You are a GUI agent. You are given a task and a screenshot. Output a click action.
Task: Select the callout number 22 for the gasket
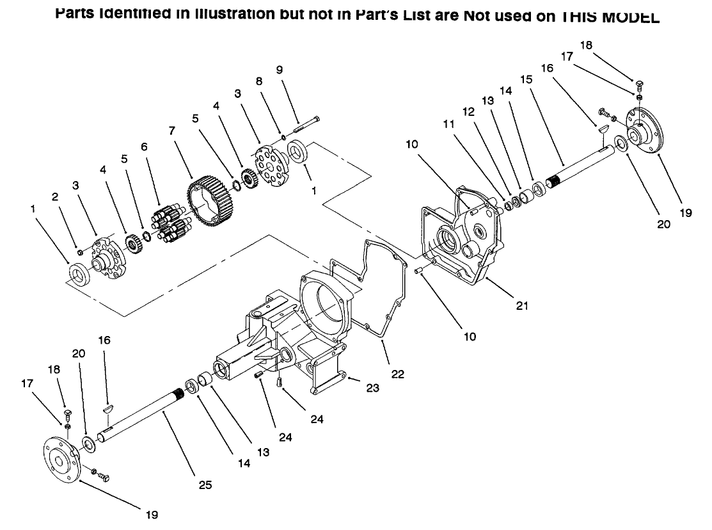(x=398, y=374)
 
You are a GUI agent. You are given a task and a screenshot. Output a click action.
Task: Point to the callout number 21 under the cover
(x=523, y=305)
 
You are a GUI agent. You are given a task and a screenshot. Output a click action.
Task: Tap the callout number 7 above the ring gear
(x=171, y=129)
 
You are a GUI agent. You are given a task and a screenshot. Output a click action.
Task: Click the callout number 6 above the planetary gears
(x=144, y=147)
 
